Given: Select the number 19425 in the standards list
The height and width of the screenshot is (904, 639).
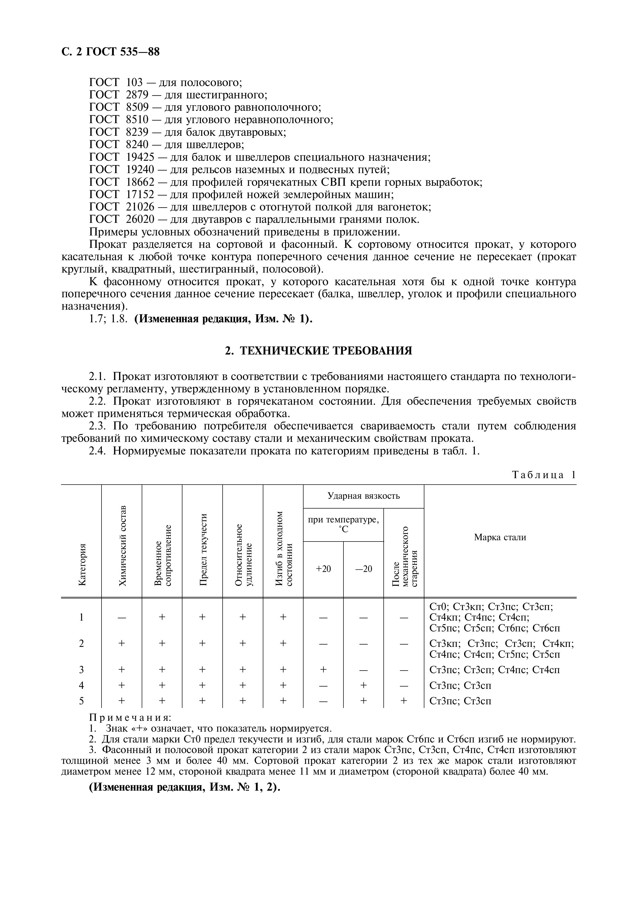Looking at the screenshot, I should click(x=141, y=157).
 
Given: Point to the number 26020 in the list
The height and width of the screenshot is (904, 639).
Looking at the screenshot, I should click(x=141, y=219).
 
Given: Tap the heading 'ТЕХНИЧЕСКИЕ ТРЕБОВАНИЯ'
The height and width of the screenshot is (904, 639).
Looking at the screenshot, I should click(x=326, y=350).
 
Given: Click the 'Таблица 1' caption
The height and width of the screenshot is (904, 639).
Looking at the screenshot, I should click(x=544, y=475).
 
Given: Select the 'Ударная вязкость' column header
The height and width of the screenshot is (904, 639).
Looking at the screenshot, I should click(x=363, y=496).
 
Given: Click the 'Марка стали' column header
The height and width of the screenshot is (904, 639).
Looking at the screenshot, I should click(x=500, y=537).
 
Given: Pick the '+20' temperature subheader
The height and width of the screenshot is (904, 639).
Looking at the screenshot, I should click(x=323, y=569).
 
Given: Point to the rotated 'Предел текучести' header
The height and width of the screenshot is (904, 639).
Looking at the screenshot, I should click(x=203, y=549).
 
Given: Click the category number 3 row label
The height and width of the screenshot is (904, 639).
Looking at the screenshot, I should click(x=81, y=670).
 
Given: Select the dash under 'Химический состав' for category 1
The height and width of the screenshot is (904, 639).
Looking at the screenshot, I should click(x=122, y=617).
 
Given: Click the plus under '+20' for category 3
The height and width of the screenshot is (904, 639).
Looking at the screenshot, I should click(x=323, y=670).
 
